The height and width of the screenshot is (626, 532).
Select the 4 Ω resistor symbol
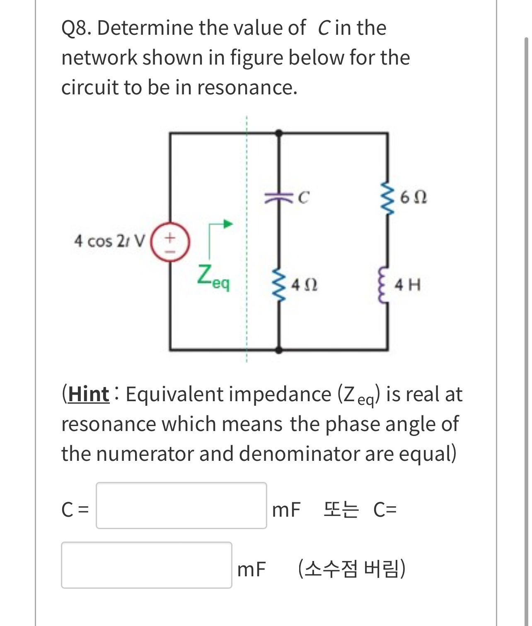[279, 285]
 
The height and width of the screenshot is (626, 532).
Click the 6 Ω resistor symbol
[388, 198]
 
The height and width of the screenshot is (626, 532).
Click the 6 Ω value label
[414, 198]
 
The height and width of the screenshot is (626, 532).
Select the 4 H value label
[408, 285]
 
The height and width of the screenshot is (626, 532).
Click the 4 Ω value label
[304, 285]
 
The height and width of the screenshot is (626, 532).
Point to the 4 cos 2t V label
[110, 241]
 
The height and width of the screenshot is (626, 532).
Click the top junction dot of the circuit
[279, 133]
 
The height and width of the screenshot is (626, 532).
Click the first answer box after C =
[181, 505]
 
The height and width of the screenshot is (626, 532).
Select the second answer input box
[147, 565]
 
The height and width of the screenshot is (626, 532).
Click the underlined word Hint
[89, 394]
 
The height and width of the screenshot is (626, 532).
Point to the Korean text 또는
[341, 510]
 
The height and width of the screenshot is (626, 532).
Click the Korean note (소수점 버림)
[352, 569]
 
